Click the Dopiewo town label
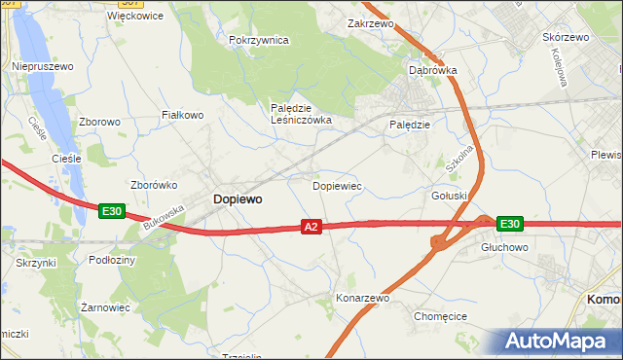[237, 198]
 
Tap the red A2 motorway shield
[311, 227]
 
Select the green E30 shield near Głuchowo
[509, 224]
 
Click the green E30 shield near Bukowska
[111, 210]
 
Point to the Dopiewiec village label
[337, 184]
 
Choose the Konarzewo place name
[362, 298]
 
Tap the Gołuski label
[450, 196]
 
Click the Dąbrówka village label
[433, 71]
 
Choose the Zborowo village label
[100, 123]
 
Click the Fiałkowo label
[182, 115]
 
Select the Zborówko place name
[151, 184]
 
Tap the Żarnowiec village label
[105, 307]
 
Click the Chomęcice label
[441, 316]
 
